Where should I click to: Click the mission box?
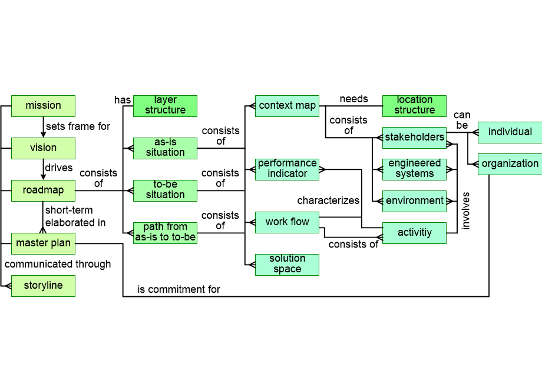(x=43, y=106)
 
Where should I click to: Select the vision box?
(x=43, y=148)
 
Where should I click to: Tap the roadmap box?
(x=43, y=190)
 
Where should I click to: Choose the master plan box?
(x=43, y=243)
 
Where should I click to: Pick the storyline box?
(x=43, y=286)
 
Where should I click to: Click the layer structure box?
(x=165, y=106)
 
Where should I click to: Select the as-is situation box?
(x=165, y=148)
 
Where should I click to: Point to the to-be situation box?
(x=165, y=190)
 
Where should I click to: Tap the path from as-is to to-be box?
(x=165, y=233)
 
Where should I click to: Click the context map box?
(x=287, y=106)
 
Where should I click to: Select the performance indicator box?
(x=287, y=169)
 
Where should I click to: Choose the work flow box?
(x=287, y=222)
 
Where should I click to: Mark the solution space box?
(x=287, y=265)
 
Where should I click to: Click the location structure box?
(x=414, y=106)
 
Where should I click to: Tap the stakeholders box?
(x=414, y=138)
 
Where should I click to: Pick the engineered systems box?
(x=414, y=169)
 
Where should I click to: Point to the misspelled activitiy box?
(x=414, y=233)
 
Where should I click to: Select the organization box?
(x=510, y=164)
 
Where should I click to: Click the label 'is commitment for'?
(x=179, y=289)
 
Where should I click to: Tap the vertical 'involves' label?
(x=466, y=210)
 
